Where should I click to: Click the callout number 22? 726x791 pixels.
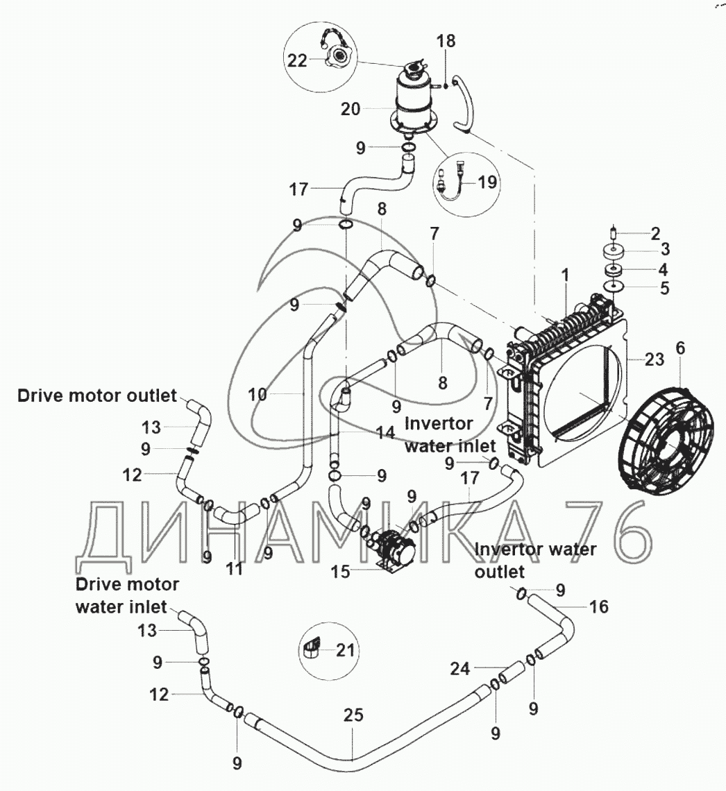296,60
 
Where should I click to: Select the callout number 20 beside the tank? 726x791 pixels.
351,109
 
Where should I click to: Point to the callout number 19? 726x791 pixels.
488,183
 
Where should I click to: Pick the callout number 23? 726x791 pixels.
655,359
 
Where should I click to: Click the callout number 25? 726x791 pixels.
353,715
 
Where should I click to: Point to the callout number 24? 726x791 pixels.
460,669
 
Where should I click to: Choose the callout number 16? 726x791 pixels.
598,607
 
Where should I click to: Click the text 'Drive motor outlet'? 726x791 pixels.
97,396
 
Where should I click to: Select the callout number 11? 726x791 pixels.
235,569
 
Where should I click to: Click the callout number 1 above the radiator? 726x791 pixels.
565,275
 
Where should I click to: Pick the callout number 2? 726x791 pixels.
655,232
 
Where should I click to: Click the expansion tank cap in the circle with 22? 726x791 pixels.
340,55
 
